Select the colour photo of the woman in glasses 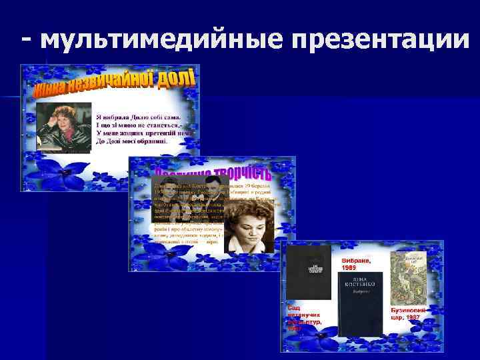click(63, 124)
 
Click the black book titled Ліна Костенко click(359, 303)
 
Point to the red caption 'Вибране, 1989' click(357, 263)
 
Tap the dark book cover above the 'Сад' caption click(308, 271)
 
